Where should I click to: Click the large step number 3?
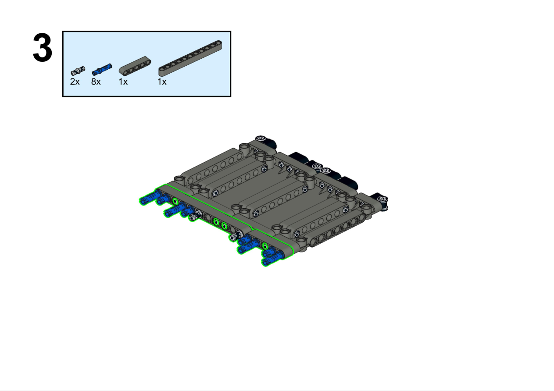43,48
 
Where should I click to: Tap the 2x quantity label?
75,82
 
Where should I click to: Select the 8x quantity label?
96,82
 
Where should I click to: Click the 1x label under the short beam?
123,82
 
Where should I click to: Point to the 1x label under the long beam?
162,82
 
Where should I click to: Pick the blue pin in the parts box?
102,69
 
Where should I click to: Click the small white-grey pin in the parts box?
78,71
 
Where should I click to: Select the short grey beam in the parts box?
135,66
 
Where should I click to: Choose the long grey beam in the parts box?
190,58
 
